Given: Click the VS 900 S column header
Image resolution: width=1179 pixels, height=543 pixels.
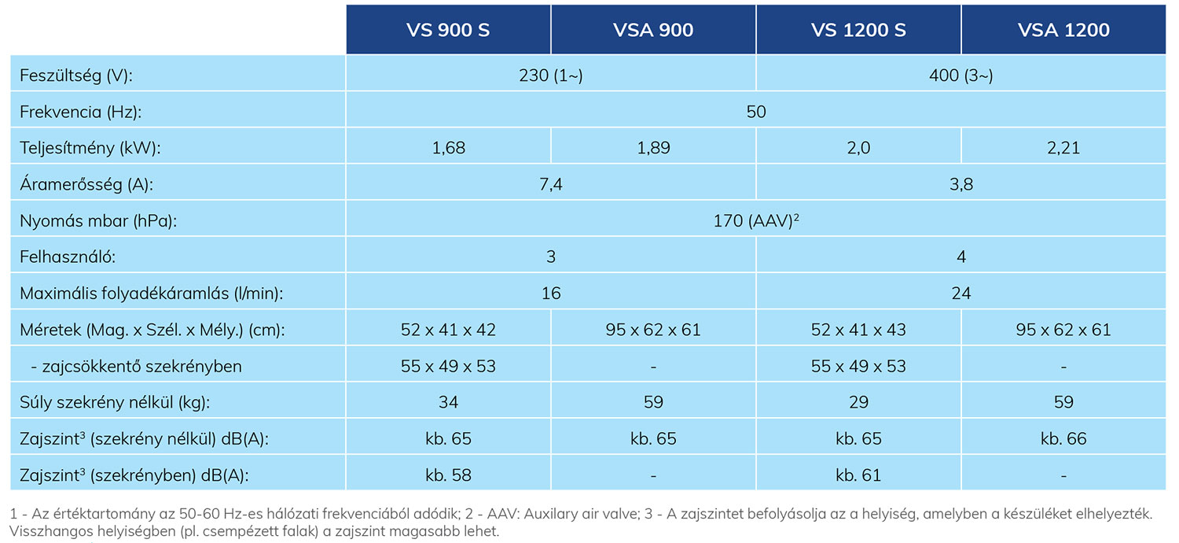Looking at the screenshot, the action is point(448,30).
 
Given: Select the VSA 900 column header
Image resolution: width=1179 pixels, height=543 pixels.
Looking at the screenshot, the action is point(653,30).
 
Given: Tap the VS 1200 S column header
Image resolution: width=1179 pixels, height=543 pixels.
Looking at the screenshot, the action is point(858,30).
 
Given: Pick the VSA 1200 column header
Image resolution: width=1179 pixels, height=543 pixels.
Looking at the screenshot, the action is point(1063,30).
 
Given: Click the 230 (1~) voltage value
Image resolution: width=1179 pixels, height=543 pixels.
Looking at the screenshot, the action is point(551,76).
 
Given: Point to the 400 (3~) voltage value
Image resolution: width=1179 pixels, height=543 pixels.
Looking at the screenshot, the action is point(961,76).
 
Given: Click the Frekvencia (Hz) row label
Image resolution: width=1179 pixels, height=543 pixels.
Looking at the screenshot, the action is point(80,112).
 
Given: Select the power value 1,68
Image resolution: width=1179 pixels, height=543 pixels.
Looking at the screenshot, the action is point(449,148).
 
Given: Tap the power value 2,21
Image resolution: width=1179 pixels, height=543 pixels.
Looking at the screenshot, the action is point(1063,148).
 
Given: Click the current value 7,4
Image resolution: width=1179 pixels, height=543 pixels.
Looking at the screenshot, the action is point(551,184).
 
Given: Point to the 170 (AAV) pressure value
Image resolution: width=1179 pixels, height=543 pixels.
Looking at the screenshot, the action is point(756,220).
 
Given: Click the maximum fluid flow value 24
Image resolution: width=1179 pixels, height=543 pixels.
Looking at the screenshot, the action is point(961,293).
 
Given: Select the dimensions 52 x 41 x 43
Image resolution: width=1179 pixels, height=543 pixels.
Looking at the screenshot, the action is point(858,330).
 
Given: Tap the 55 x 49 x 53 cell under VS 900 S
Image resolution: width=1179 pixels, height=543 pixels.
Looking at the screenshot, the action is point(449,366).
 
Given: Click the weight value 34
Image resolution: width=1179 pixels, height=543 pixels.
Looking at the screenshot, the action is point(449,402).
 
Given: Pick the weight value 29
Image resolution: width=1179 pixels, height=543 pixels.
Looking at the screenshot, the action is point(858,402).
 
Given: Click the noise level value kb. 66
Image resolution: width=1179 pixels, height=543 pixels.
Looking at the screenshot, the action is point(1063,438).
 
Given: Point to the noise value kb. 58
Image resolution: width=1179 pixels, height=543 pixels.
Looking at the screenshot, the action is point(449,475).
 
